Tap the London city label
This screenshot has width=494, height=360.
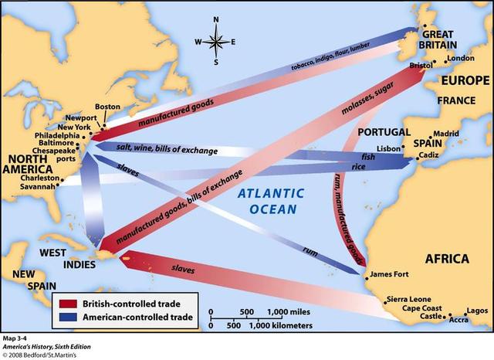tap(460, 59)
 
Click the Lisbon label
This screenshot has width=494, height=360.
tap(388, 148)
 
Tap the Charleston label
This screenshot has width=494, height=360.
tap(36, 176)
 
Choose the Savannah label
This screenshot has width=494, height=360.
tap(37, 186)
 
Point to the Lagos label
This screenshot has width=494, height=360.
tap(478, 309)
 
